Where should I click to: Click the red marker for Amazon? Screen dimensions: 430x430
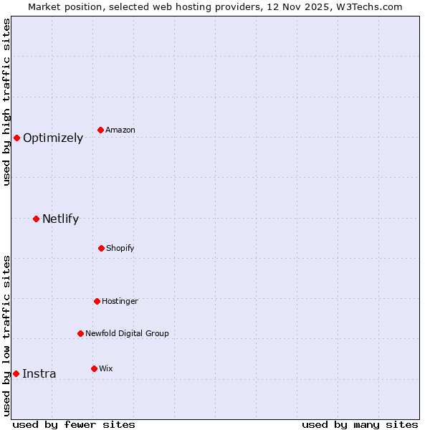(x=100, y=130)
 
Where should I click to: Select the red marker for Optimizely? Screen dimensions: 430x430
(x=16, y=138)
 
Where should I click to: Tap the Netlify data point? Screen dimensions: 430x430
(x=36, y=219)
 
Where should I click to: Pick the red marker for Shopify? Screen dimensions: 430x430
(x=101, y=248)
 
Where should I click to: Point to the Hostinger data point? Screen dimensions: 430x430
(x=97, y=301)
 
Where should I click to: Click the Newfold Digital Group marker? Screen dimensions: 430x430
(x=80, y=333)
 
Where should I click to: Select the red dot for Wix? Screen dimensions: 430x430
(x=94, y=368)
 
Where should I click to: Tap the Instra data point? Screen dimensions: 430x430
(x=16, y=373)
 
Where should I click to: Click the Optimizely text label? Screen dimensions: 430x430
(x=53, y=138)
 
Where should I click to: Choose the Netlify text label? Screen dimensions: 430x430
(x=60, y=219)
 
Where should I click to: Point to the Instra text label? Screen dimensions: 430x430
(x=39, y=374)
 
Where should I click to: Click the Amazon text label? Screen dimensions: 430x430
(x=120, y=130)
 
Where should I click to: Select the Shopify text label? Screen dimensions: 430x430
(x=120, y=249)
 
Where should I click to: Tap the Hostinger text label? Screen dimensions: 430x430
(x=120, y=302)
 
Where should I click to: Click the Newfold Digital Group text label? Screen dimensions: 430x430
(x=127, y=334)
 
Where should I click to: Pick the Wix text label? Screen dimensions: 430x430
(x=106, y=369)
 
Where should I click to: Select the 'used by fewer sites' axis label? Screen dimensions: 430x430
(x=74, y=424)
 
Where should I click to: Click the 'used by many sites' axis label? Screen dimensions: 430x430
(x=360, y=424)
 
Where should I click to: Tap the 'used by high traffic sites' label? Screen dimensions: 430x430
(x=6, y=102)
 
